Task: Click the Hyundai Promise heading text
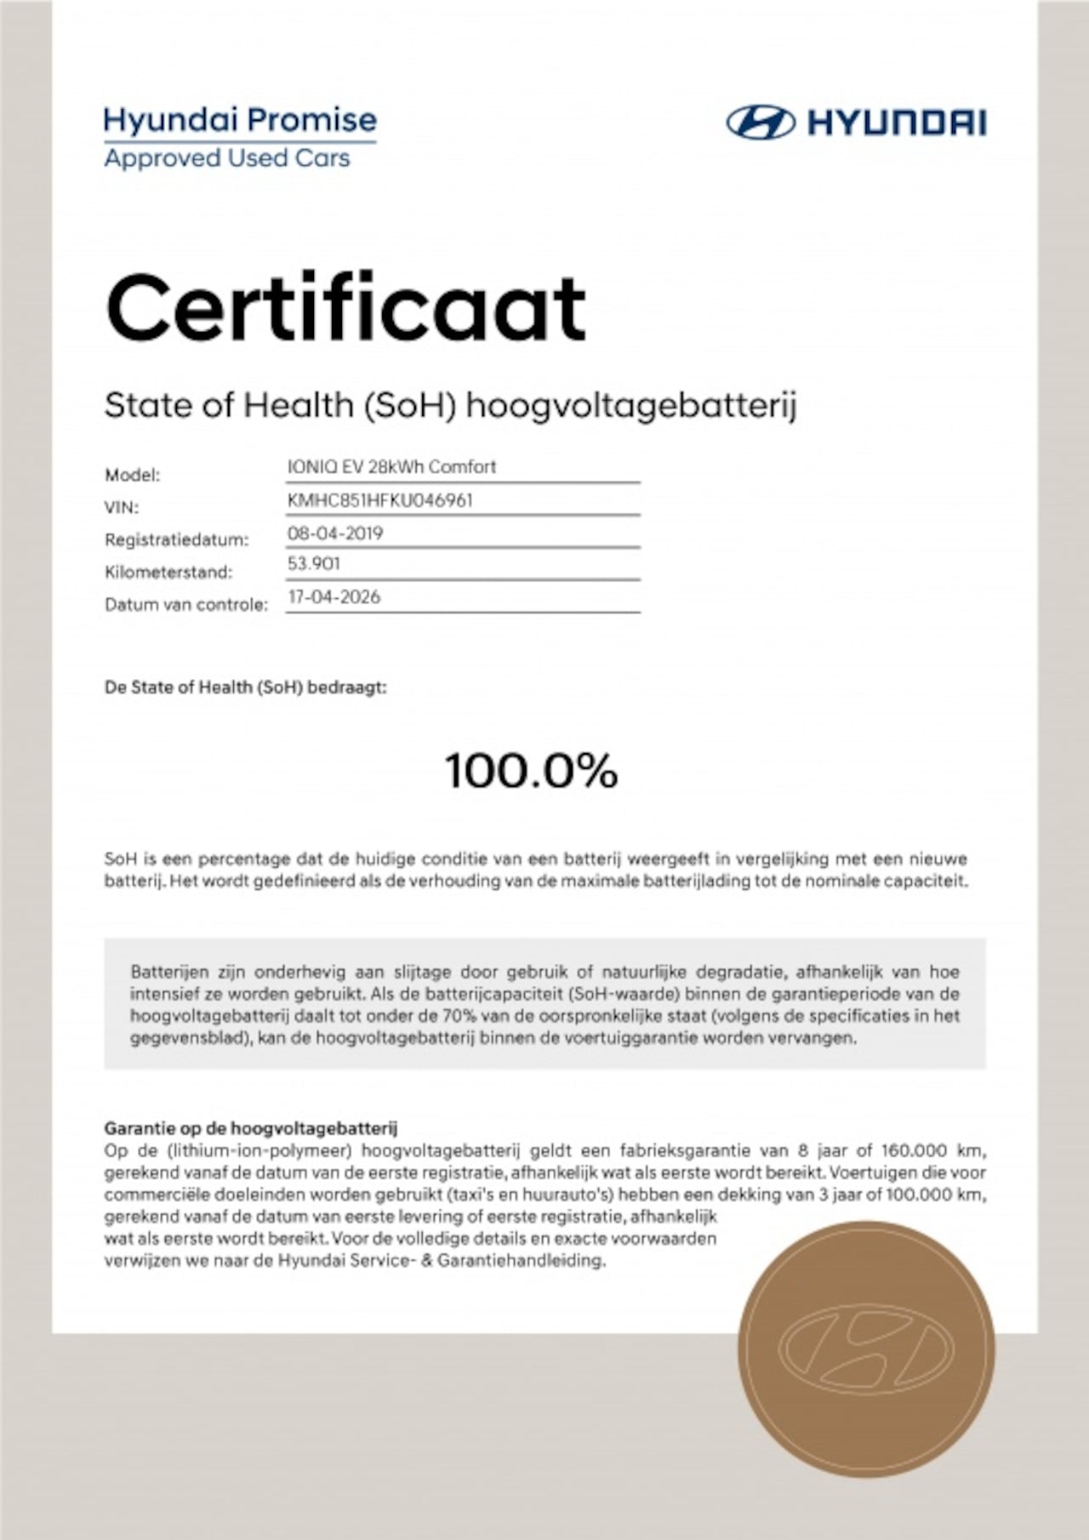[x=240, y=120]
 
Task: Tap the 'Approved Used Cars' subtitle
[x=227, y=158]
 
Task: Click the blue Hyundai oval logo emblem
[x=760, y=123]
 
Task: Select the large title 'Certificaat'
[x=345, y=307]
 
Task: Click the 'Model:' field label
[x=132, y=475]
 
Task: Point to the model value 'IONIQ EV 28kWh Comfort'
[x=391, y=467]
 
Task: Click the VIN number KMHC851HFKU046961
[x=379, y=500]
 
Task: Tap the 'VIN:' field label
[x=121, y=507]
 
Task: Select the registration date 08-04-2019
[x=335, y=533]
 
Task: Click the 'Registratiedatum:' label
[x=176, y=539]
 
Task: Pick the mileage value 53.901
[x=314, y=563]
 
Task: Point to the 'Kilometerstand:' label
[x=168, y=572]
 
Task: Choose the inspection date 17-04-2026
[x=334, y=597]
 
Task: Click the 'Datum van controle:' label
[x=185, y=605]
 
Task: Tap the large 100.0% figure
[x=531, y=771]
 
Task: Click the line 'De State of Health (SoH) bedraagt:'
[x=245, y=687]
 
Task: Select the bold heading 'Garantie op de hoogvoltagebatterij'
[x=250, y=1129]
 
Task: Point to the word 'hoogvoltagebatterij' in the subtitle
[x=631, y=406]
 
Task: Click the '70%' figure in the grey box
[x=459, y=1016]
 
